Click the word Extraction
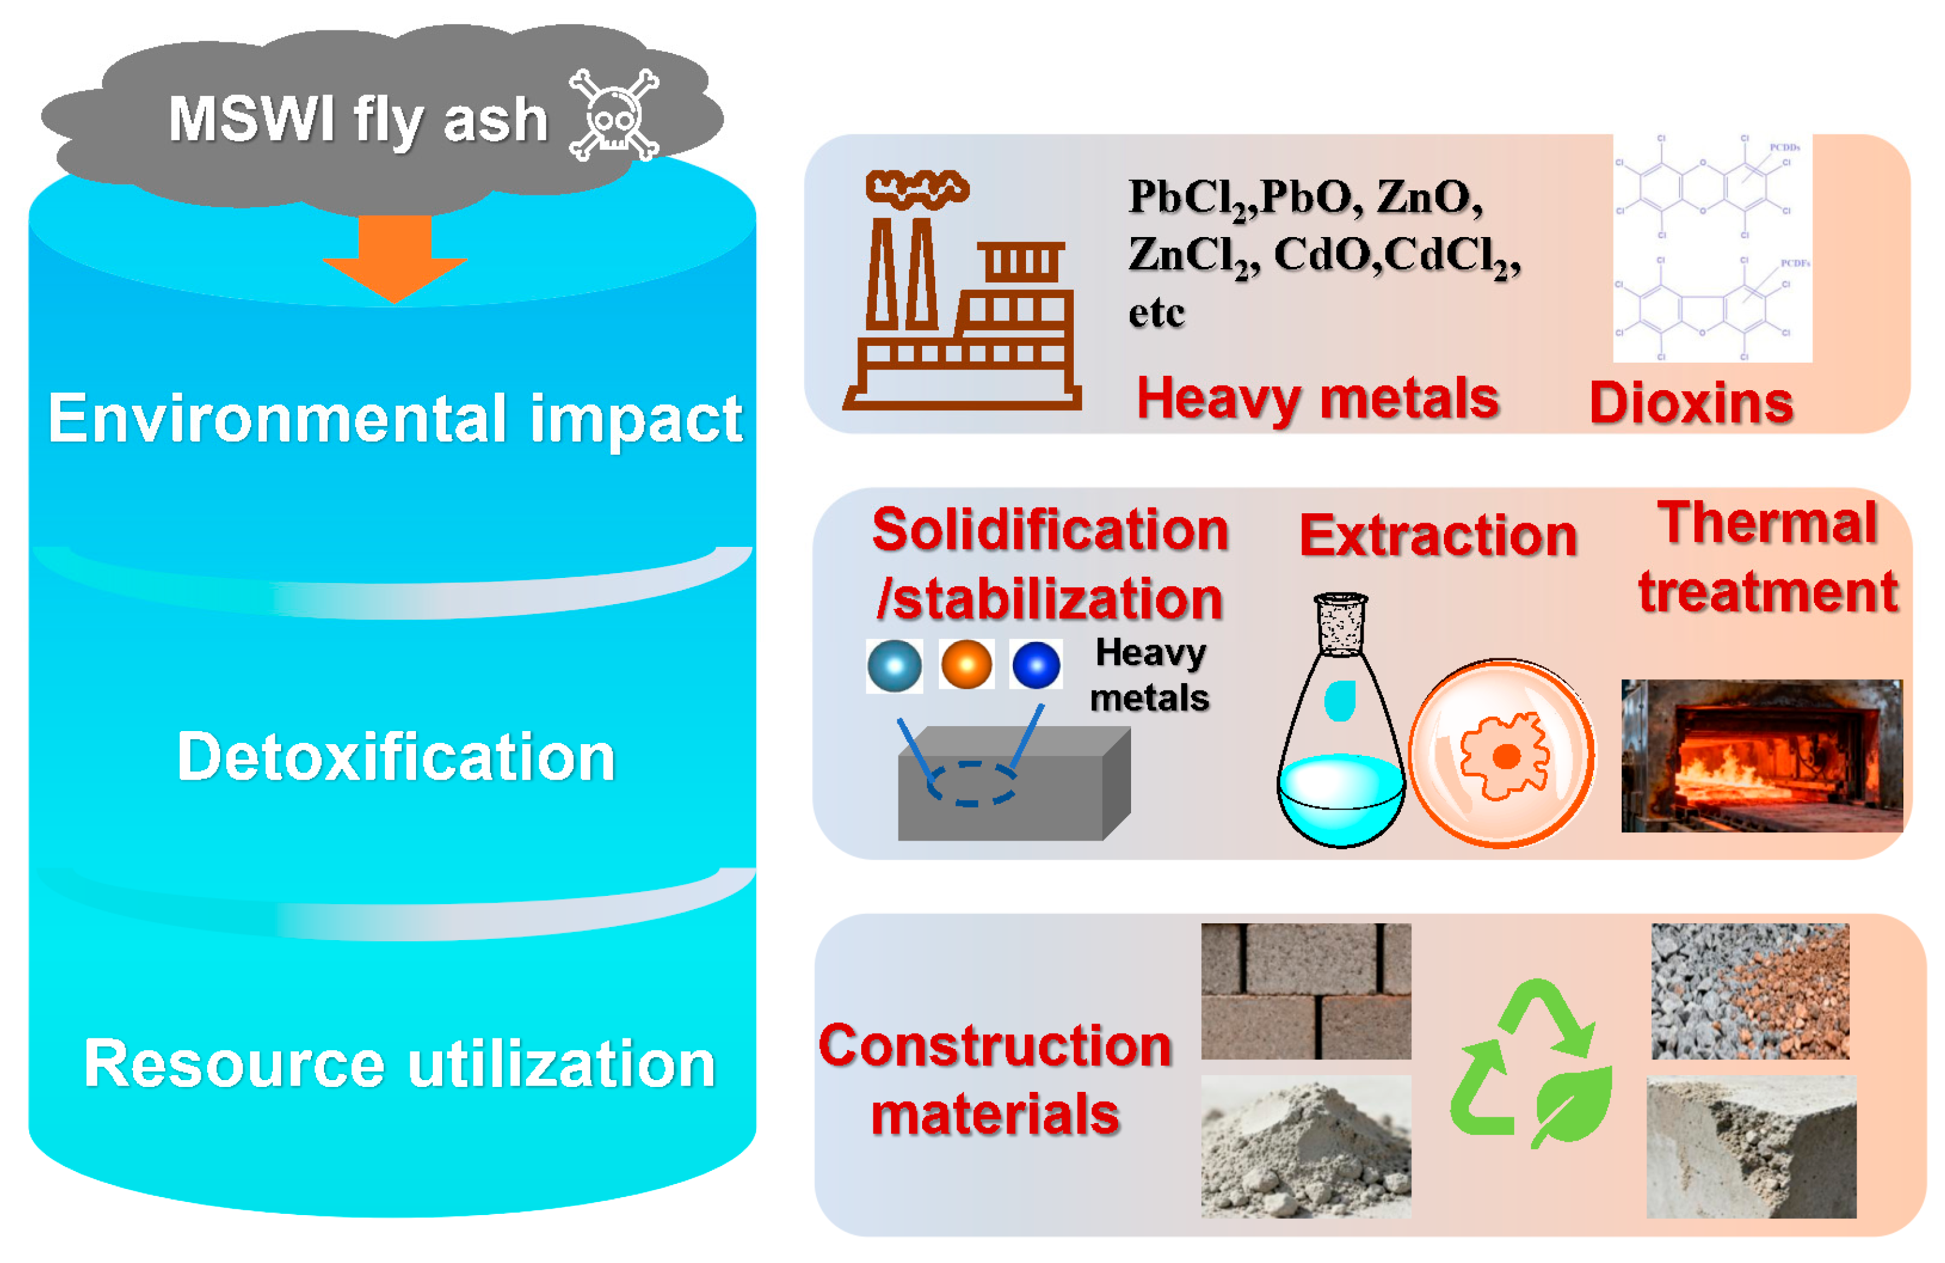click(x=1438, y=536)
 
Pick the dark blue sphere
click(x=1037, y=664)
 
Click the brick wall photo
click(x=1305, y=990)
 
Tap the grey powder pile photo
click(x=1305, y=1146)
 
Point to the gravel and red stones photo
click(x=1750, y=990)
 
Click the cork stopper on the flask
click(x=1340, y=623)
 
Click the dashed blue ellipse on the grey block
click(x=972, y=783)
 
